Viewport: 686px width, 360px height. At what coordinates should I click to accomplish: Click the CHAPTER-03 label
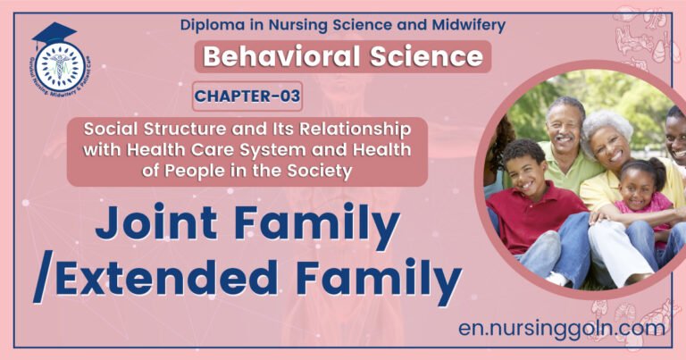(x=247, y=96)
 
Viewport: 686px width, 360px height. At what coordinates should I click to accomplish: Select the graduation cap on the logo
(x=54, y=37)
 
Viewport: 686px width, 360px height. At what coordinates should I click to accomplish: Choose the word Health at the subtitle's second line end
(x=385, y=148)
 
